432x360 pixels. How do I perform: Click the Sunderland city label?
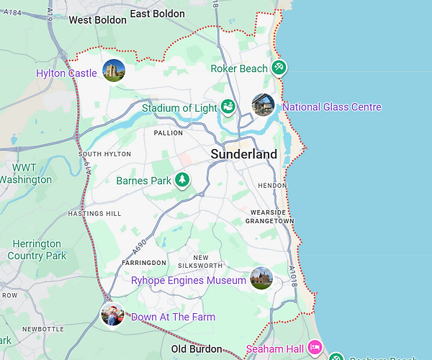pyautogui.click(x=243, y=154)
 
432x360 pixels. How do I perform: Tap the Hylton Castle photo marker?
pyautogui.click(x=113, y=71)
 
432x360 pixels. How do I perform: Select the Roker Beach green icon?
pyautogui.click(x=279, y=68)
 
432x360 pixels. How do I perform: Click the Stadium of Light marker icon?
pyautogui.click(x=228, y=107)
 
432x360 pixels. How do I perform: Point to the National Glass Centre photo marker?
pyautogui.click(x=263, y=105)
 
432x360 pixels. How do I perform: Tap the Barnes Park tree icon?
pyautogui.click(x=183, y=179)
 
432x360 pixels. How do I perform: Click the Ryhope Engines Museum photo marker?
pyautogui.click(x=261, y=279)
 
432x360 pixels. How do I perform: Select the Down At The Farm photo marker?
pyautogui.click(x=112, y=315)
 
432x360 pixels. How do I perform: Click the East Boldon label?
pyautogui.click(x=158, y=14)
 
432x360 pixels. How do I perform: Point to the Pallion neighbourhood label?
pyautogui.click(x=168, y=133)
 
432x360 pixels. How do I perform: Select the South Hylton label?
pyautogui.click(x=104, y=154)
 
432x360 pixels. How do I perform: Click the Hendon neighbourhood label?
pyautogui.click(x=272, y=185)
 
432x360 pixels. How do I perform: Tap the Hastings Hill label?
pyautogui.click(x=94, y=214)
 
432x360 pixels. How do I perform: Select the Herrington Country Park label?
pyautogui.click(x=36, y=250)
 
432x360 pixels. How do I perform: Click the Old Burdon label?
pyautogui.click(x=197, y=349)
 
